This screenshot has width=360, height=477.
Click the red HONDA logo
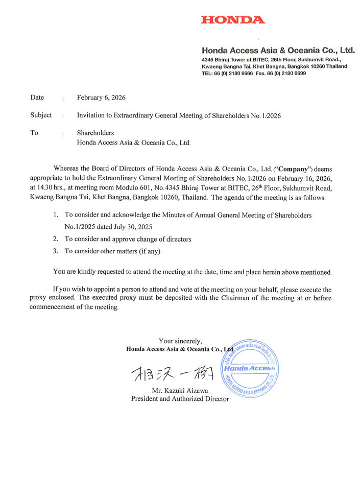point(233,20)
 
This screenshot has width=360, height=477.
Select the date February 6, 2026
point(101,98)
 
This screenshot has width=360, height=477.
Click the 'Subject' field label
point(41,115)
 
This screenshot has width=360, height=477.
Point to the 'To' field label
point(34,133)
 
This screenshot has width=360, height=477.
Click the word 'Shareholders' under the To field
point(95,133)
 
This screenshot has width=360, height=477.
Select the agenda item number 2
point(55,239)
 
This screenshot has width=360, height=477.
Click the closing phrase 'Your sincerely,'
point(180,341)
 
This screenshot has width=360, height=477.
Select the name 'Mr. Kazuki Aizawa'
point(180,391)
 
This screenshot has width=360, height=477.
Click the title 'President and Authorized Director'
point(180,399)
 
